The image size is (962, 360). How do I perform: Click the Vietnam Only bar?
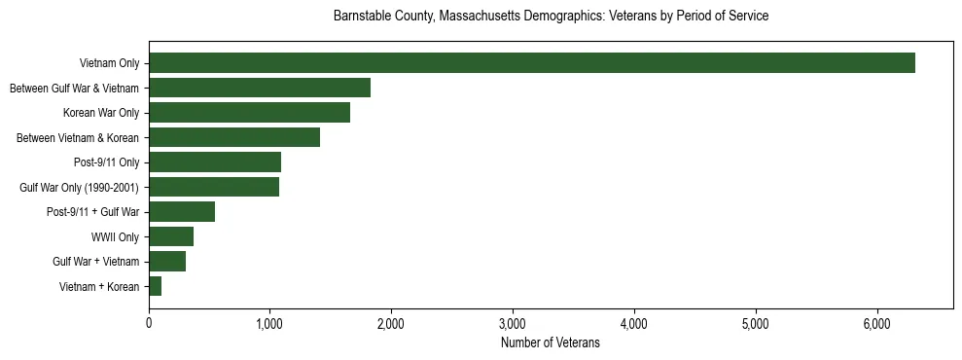point(532,63)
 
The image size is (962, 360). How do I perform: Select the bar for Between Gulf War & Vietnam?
point(260,89)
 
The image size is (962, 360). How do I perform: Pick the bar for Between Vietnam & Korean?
point(234,138)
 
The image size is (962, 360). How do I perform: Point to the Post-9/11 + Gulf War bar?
point(182,212)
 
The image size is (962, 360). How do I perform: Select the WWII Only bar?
point(171,236)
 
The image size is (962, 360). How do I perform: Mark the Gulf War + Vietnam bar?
point(167,262)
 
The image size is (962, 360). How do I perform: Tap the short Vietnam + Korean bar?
point(156,286)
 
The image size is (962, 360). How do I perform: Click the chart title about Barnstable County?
point(551,17)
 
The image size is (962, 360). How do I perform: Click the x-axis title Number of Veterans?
point(551,343)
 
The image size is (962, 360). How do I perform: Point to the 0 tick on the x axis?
point(149,323)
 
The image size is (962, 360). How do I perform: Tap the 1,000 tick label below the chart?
point(269,323)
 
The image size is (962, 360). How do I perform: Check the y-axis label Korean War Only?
point(101,114)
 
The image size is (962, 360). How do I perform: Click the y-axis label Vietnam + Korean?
point(99,287)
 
